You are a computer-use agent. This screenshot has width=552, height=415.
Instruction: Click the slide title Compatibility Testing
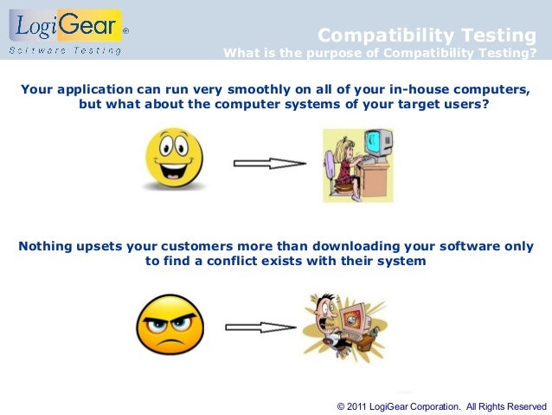click(x=427, y=36)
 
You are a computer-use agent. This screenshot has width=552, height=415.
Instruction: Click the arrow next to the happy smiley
click(x=269, y=163)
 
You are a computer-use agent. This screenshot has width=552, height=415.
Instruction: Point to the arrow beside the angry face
click(x=260, y=327)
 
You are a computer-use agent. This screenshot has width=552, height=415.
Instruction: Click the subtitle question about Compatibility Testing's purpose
click(x=379, y=52)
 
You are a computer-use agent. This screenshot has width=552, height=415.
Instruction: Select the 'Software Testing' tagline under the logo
click(x=65, y=49)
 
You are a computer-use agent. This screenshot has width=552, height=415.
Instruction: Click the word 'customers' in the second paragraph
click(x=207, y=246)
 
